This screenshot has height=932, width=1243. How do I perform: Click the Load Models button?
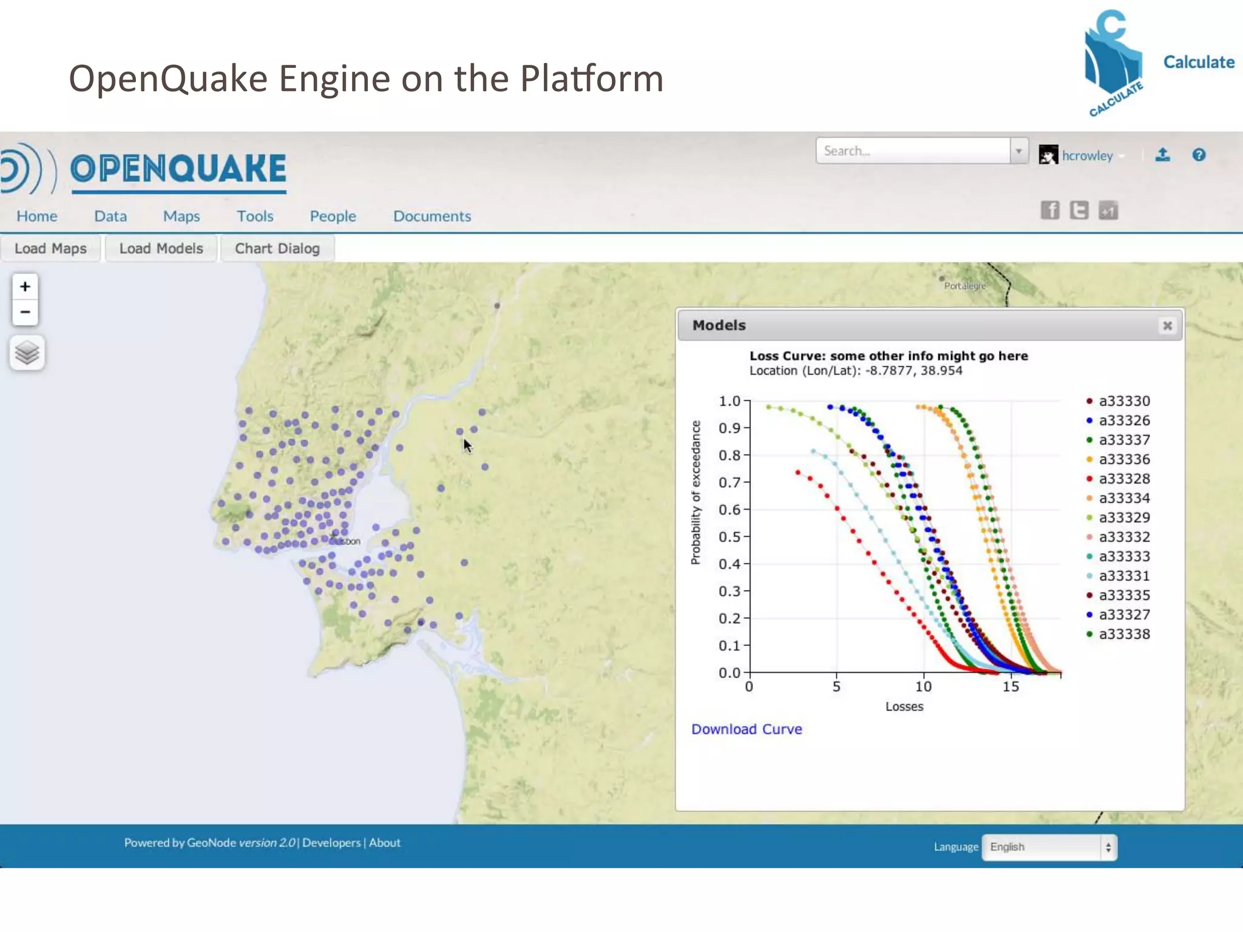click(x=161, y=249)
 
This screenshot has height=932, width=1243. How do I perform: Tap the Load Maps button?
click(x=50, y=249)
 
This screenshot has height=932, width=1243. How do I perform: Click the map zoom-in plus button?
click(x=25, y=286)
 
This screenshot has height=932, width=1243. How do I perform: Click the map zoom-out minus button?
click(x=25, y=312)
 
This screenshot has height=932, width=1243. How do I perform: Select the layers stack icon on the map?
click(x=27, y=353)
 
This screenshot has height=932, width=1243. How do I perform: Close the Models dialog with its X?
click(x=1167, y=326)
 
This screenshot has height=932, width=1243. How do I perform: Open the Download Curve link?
click(x=747, y=729)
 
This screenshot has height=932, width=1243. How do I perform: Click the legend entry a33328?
click(x=1124, y=479)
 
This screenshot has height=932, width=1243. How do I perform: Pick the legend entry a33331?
click(x=1124, y=576)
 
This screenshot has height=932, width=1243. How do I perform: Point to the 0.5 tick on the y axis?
click(x=730, y=537)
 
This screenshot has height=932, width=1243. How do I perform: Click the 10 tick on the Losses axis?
click(x=923, y=686)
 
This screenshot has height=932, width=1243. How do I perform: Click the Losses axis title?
click(x=904, y=706)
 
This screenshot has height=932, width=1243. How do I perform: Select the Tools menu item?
click(x=255, y=216)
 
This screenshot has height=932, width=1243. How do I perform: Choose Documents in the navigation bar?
click(x=432, y=216)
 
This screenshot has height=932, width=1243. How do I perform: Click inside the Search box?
click(x=913, y=151)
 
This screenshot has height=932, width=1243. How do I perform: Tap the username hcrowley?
click(x=1087, y=156)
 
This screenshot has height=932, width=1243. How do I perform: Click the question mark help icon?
click(x=1199, y=155)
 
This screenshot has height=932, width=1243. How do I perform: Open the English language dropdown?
click(x=1049, y=847)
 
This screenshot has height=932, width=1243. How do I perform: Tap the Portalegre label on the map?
click(x=964, y=286)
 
